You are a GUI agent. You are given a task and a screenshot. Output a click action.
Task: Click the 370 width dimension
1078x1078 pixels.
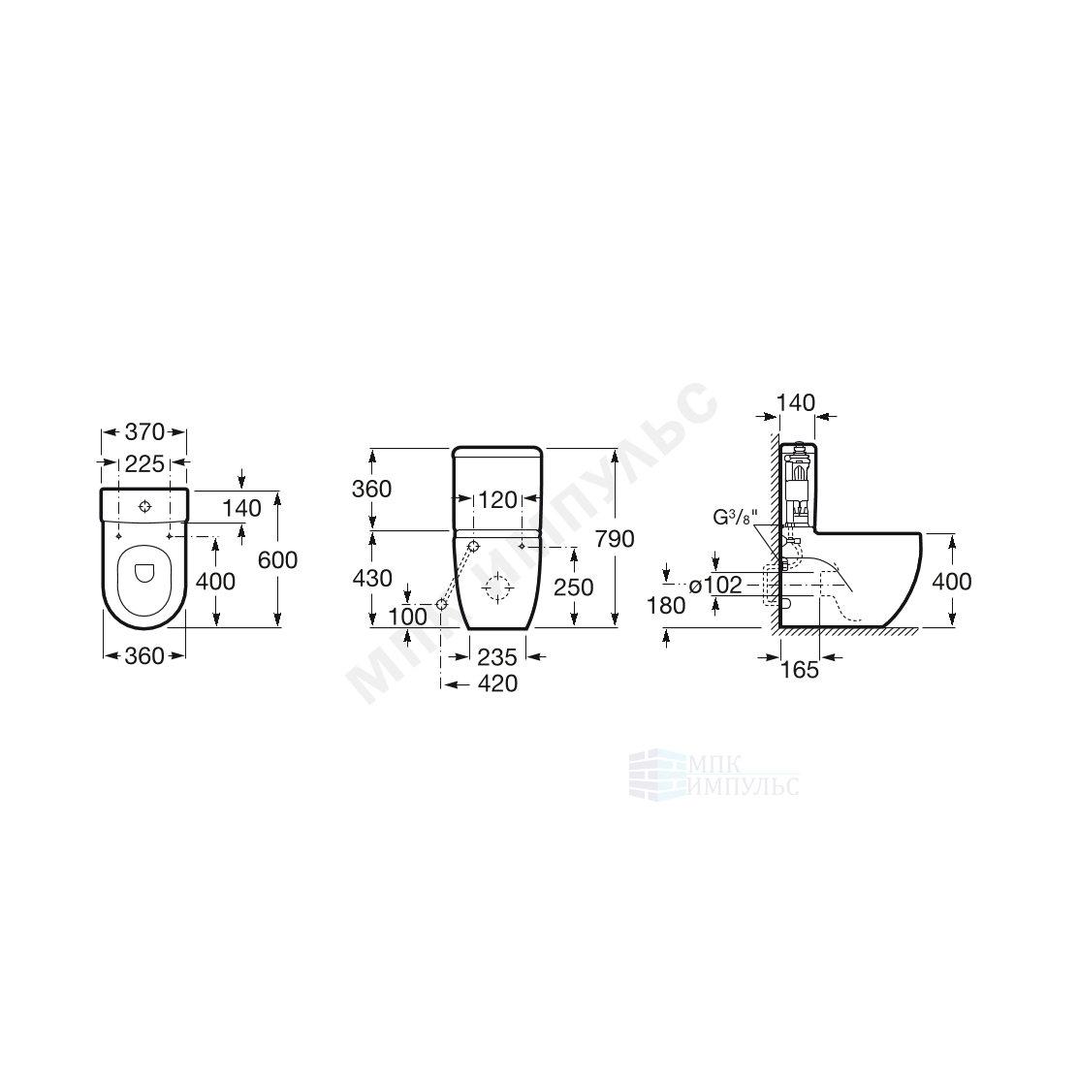[144, 431]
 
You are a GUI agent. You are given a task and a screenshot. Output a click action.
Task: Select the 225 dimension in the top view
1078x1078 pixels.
[144, 464]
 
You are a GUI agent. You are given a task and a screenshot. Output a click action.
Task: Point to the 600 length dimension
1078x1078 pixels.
[278, 560]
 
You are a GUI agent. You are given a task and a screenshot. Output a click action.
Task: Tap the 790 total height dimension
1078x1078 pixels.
[615, 539]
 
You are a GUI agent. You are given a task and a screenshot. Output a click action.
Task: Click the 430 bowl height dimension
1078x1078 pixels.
[372, 578]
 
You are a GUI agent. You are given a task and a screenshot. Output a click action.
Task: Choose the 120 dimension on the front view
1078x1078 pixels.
[497, 500]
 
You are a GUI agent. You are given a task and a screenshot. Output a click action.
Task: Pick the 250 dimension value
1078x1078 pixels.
[573, 587]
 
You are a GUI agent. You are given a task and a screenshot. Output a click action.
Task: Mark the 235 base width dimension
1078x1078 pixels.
[497, 657]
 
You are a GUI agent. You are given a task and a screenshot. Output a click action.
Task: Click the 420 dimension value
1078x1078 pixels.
[497, 683]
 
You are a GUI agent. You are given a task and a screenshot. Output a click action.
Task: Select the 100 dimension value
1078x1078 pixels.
[408, 617]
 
